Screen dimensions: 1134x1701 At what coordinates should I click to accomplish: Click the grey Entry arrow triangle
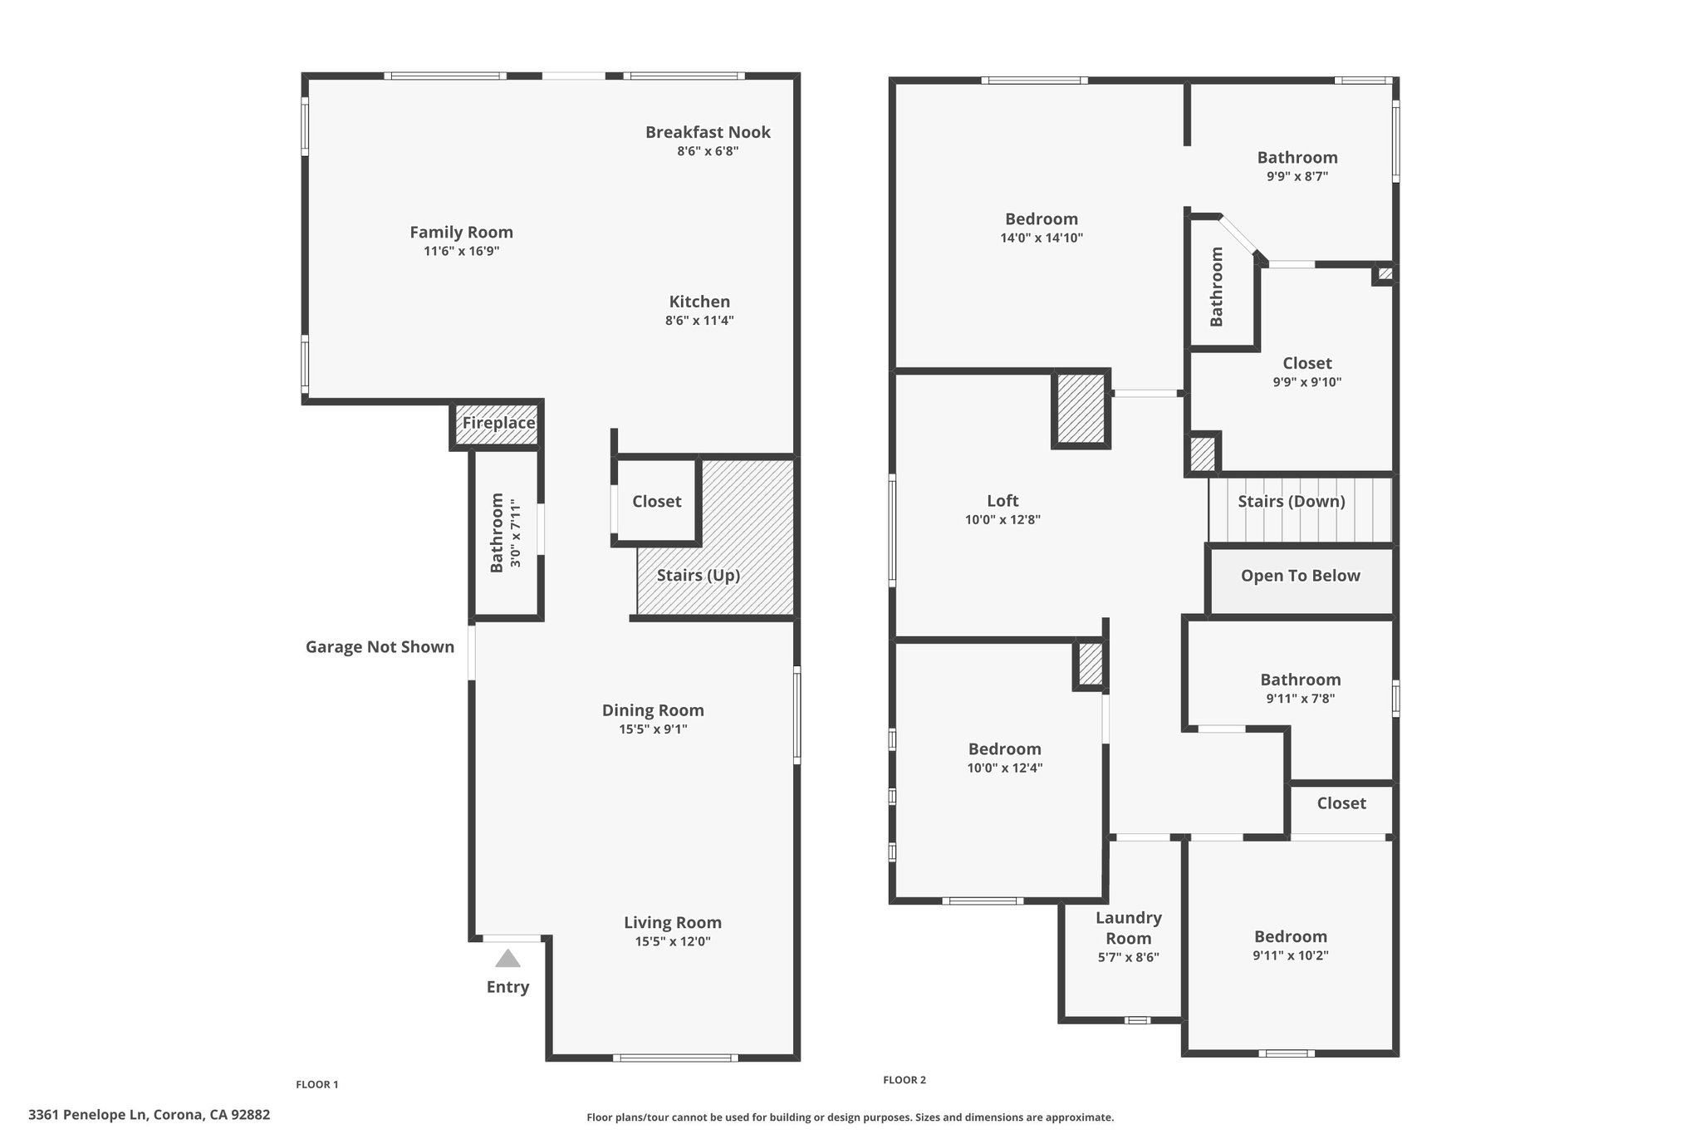coord(507,960)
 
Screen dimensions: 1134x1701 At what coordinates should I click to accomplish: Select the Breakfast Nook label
coord(708,132)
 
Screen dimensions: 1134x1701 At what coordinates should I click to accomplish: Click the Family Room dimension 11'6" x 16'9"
coord(461,251)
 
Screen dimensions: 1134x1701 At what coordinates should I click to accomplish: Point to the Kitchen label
coord(699,302)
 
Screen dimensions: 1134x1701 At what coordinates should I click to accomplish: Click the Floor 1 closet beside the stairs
coord(656,501)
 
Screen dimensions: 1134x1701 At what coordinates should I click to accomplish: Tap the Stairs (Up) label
coord(698,575)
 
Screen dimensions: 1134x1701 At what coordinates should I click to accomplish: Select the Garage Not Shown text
coord(380,646)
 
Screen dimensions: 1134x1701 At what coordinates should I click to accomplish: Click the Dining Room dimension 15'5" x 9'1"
coord(653,729)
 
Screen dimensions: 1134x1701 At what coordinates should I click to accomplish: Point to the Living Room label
coord(672,922)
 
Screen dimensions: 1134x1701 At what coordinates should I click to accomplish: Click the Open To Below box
coord(1300,576)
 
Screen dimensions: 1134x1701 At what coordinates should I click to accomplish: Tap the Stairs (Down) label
coord(1291,501)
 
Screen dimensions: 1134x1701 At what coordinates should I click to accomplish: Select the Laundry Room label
coord(1128,928)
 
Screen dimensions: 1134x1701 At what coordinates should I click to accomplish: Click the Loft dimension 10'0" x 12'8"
coord(1002,520)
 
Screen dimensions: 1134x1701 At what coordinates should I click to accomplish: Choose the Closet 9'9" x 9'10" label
coord(1306,363)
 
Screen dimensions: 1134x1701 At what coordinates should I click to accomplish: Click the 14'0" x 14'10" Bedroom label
coord(1041,219)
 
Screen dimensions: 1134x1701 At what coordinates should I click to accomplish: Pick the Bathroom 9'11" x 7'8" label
coord(1300,680)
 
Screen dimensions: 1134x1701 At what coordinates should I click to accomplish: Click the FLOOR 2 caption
coord(904,1080)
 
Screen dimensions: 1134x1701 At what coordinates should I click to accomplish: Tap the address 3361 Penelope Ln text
coord(149,1115)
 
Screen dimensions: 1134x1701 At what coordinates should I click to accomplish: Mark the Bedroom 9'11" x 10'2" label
coord(1290,936)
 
